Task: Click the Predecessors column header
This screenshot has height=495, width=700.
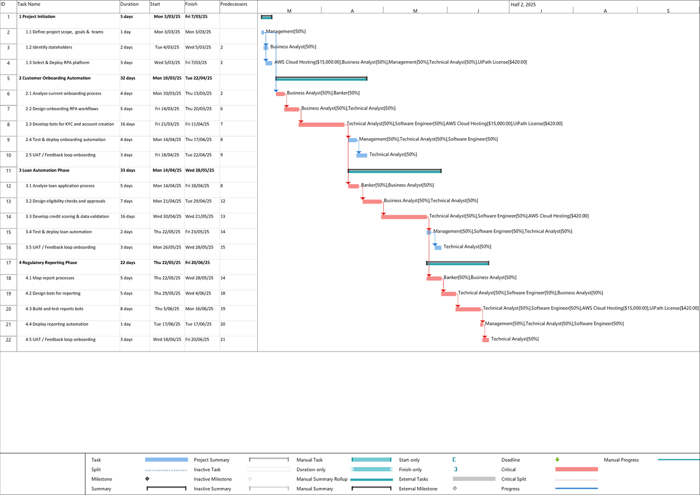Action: click(234, 4)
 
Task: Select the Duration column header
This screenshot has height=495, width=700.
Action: click(129, 4)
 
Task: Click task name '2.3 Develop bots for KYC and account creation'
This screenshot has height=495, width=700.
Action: click(70, 124)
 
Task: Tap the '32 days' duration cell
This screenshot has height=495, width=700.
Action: click(128, 78)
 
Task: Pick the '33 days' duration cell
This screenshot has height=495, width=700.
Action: click(128, 170)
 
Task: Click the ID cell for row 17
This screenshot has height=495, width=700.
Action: click(8, 263)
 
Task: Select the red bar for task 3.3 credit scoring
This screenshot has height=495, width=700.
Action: click(404, 216)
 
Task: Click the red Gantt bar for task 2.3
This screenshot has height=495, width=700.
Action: click(321, 124)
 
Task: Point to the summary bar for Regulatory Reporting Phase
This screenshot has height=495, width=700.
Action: click(457, 263)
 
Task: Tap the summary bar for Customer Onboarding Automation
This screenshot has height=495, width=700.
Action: click(321, 78)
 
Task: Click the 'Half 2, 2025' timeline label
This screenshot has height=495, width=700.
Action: click(523, 4)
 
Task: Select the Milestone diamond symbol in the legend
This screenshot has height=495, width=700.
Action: click(148, 479)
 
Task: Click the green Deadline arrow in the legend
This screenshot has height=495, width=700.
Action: click(557, 460)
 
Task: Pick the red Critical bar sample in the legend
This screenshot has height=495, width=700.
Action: click(576, 469)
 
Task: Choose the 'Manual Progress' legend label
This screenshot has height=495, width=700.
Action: click(621, 460)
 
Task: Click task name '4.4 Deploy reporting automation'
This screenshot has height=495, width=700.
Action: click(57, 324)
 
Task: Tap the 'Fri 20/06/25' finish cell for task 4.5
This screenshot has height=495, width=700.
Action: click(197, 339)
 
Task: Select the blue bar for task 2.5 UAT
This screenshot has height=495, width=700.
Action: click(362, 155)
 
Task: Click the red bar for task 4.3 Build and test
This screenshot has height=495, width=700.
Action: click(468, 309)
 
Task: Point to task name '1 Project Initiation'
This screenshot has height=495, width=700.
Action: click(37, 17)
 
